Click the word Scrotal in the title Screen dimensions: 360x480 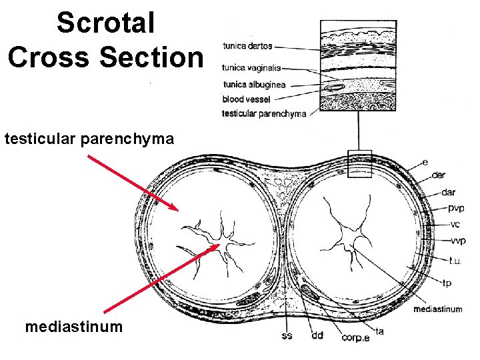[105, 23]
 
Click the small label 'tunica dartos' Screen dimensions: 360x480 [247, 47]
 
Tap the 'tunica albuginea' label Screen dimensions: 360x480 [253, 85]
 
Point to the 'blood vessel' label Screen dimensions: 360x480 [246, 99]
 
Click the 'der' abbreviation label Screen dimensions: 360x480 [439, 175]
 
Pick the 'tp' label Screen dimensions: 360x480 [446, 283]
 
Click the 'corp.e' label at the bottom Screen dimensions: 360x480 [356, 338]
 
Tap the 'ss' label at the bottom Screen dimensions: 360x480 [286, 336]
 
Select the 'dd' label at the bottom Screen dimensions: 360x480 [317, 336]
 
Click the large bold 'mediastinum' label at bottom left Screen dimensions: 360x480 [73, 327]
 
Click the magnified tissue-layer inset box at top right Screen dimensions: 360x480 [358, 65]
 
